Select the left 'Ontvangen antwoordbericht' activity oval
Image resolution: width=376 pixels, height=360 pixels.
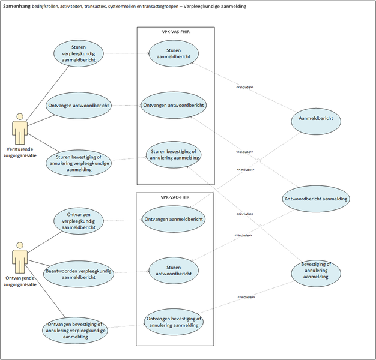pos(79,106)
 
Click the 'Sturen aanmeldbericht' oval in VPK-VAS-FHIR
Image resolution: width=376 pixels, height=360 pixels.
pos(174,53)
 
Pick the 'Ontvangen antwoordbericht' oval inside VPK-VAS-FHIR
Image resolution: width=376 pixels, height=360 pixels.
pos(174,105)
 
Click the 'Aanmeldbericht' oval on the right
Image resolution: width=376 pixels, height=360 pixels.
pos(316,120)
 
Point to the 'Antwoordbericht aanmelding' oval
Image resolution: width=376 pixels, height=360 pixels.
pos(316,198)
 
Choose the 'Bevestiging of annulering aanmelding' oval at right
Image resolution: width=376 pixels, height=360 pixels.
pos(316,271)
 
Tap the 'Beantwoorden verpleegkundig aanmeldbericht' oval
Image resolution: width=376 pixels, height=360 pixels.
pos(79,274)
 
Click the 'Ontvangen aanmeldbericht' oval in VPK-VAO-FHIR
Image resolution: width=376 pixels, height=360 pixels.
pos(174,220)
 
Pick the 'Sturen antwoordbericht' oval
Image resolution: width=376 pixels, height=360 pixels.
pos(174,271)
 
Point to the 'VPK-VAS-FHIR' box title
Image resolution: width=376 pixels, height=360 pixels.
pos(175,31)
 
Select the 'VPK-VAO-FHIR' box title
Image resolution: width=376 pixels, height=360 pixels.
pos(175,197)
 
